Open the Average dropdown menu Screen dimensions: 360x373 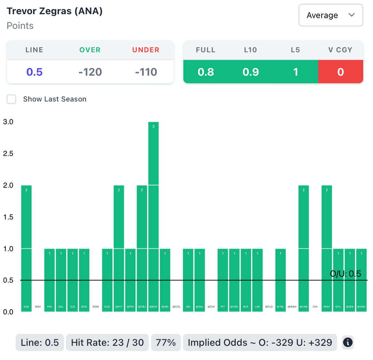[331, 15]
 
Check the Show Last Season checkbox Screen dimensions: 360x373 [12, 99]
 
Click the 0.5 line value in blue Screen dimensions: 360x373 [34, 72]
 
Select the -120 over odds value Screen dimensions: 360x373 [90, 72]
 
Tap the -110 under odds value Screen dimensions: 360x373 [146, 72]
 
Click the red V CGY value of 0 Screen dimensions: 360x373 [341, 72]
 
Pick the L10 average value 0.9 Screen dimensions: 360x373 [251, 72]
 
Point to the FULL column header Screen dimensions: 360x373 [205, 50]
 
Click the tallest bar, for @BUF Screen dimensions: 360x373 [153, 217]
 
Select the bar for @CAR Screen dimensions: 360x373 [304, 248]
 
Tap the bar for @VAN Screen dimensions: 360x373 [361, 280]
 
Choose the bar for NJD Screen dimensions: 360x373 [107, 280]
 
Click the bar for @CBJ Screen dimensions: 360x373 [142, 248]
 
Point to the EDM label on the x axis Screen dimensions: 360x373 [96, 307]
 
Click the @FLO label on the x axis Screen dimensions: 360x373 [269, 307]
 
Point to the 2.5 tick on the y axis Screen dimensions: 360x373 [8, 154]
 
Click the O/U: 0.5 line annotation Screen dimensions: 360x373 [345, 274]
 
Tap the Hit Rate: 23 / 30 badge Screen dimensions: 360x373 [107, 343]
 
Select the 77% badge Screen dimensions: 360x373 [166, 343]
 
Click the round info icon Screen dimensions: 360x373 [348, 343]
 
